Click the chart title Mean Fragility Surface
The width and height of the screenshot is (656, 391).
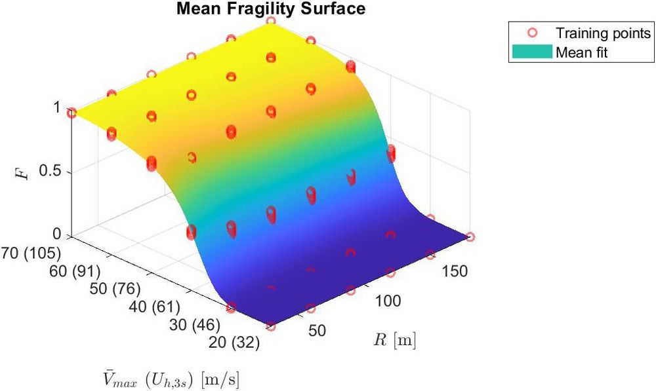click(x=270, y=9)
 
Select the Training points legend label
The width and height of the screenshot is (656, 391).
click(x=603, y=33)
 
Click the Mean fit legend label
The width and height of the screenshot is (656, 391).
click(x=582, y=52)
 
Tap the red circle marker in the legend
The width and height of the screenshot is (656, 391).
click(x=533, y=33)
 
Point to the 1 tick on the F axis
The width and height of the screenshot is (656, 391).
click(x=58, y=109)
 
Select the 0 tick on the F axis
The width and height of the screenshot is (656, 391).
click(x=58, y=234)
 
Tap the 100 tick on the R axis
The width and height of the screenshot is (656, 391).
click(x=389, y=302)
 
